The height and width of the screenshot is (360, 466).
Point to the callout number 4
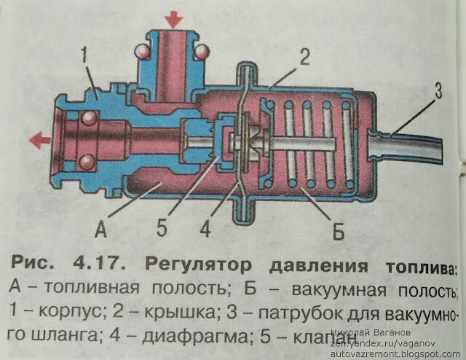click(206, 229)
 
